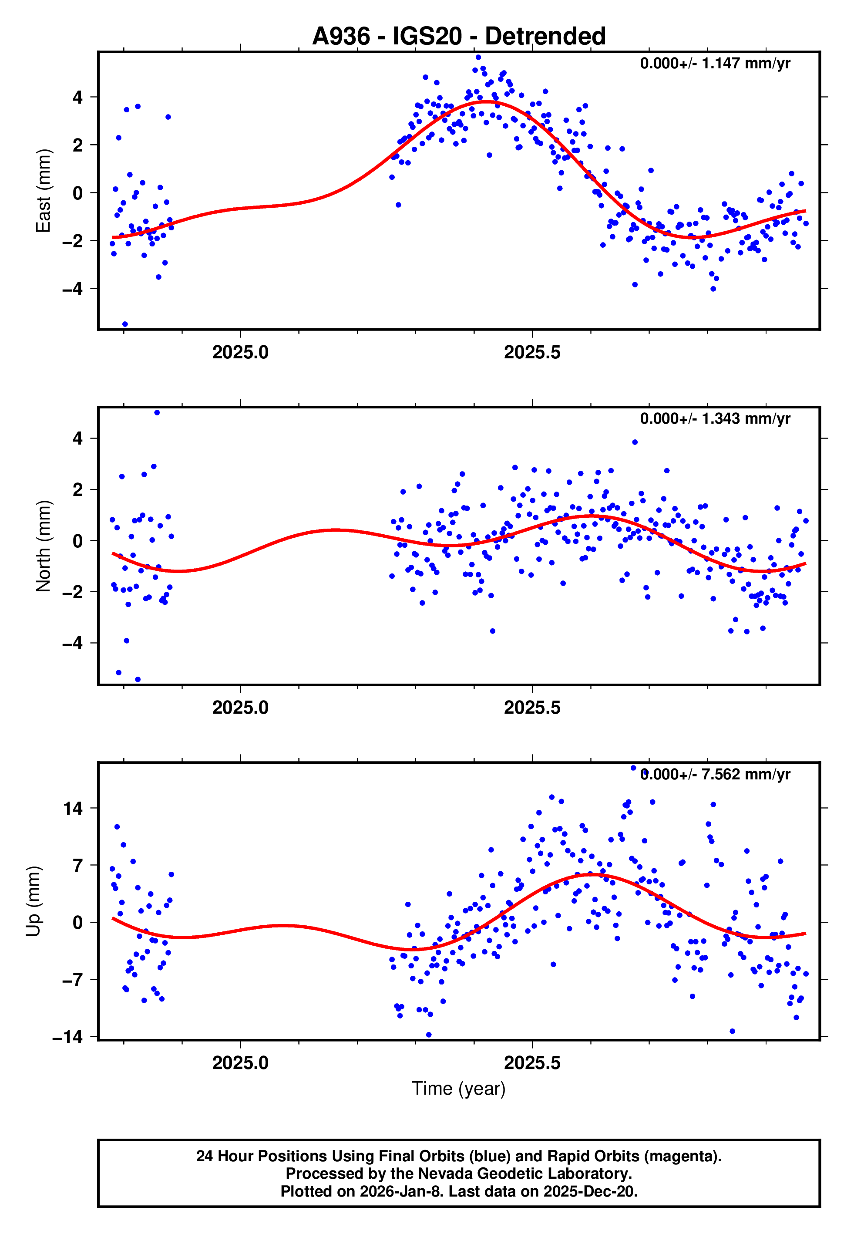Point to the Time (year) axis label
pos(459,1089)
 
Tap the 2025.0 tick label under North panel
pos(240,708)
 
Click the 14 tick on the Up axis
pos(73,808)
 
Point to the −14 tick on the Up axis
pos(68,1037)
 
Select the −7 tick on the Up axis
pos(73,980)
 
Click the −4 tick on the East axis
pos(73,289)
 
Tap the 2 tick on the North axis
pos(78,490)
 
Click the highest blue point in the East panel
pos(478,57)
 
